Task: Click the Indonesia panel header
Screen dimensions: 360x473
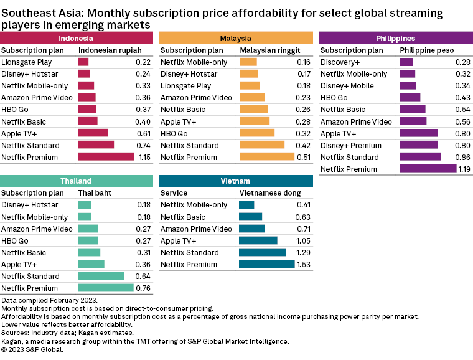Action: [77, 39]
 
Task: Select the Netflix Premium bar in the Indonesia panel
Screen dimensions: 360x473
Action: [106, 157]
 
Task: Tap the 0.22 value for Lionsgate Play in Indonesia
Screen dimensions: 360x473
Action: [143, 62]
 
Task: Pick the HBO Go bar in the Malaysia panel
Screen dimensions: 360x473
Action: [257, 133]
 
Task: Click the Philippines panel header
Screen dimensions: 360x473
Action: [396, 39]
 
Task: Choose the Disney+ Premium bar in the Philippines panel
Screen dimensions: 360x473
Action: [418, 145]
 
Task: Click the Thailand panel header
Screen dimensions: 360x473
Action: [76, 181]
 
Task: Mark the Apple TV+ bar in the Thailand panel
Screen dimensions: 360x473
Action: [91, 265]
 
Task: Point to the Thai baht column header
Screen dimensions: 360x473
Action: [95, 193]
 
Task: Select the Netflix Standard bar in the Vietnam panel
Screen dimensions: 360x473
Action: [263, 253]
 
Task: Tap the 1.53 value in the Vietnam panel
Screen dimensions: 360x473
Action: [303, 265]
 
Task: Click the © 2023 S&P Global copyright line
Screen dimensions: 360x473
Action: [32, 349]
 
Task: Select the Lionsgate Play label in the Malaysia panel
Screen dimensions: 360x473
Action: [185, 86]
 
